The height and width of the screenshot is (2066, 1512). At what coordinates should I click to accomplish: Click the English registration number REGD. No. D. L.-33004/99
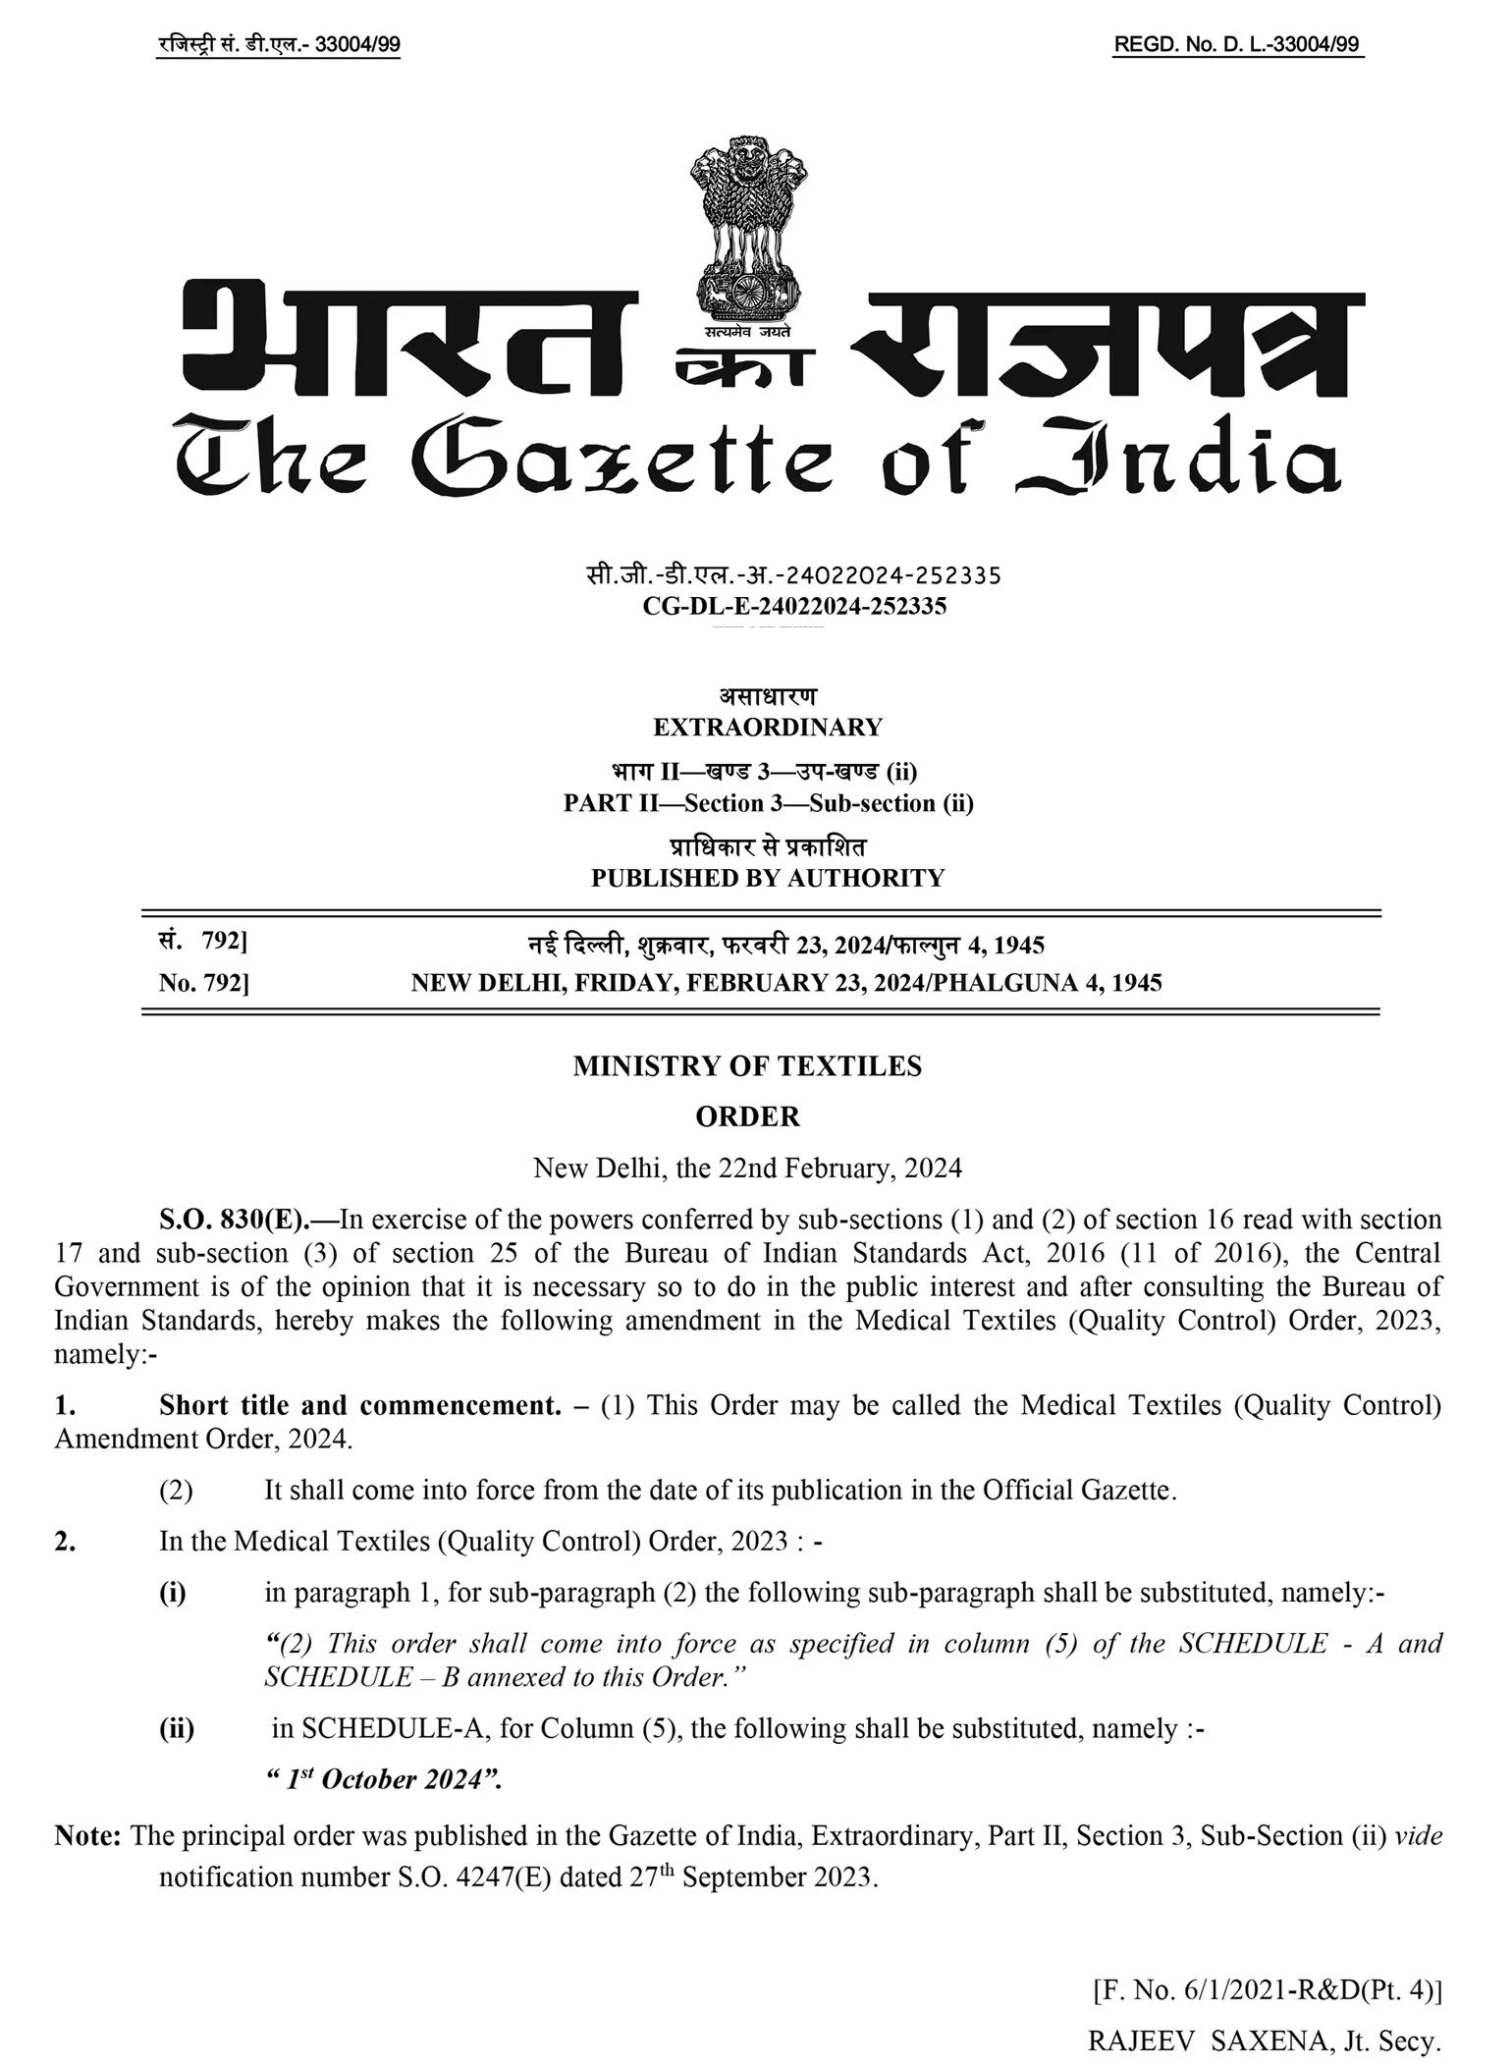pyautogui.click(x=1237, y=45)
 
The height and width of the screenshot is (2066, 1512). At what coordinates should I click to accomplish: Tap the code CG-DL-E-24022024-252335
pyautogui.click(x=794, y=606)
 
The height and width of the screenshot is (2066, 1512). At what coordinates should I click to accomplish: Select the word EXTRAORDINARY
pyautogui.click(x=768, y=728)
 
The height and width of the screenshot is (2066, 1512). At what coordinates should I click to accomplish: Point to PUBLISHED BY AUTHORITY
pyautogui.click(x=768, y=878)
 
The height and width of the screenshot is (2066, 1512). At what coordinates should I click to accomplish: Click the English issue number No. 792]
pyautogui.click(x=204, y=983)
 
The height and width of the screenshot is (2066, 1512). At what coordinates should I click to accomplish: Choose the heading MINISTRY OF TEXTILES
pyautogui.click(x=747, y=1066)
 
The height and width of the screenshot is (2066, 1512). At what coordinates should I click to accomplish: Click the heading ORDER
pyautogui.click(x=747, y=1116)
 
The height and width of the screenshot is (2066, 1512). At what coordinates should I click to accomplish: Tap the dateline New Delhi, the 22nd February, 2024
pyautogui.click(x=747, y=1168)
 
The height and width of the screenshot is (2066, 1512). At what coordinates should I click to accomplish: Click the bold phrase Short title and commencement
pyautogui.click(x=359, y=1405)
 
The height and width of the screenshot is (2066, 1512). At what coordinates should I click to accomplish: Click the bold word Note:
pyautogui.click(x=88, y=1835)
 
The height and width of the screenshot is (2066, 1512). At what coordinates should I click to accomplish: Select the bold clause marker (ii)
pyautogui.click(x=177, y=1728)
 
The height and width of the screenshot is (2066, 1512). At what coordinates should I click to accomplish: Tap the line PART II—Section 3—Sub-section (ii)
pyautogui.click(x=768, y=803)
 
